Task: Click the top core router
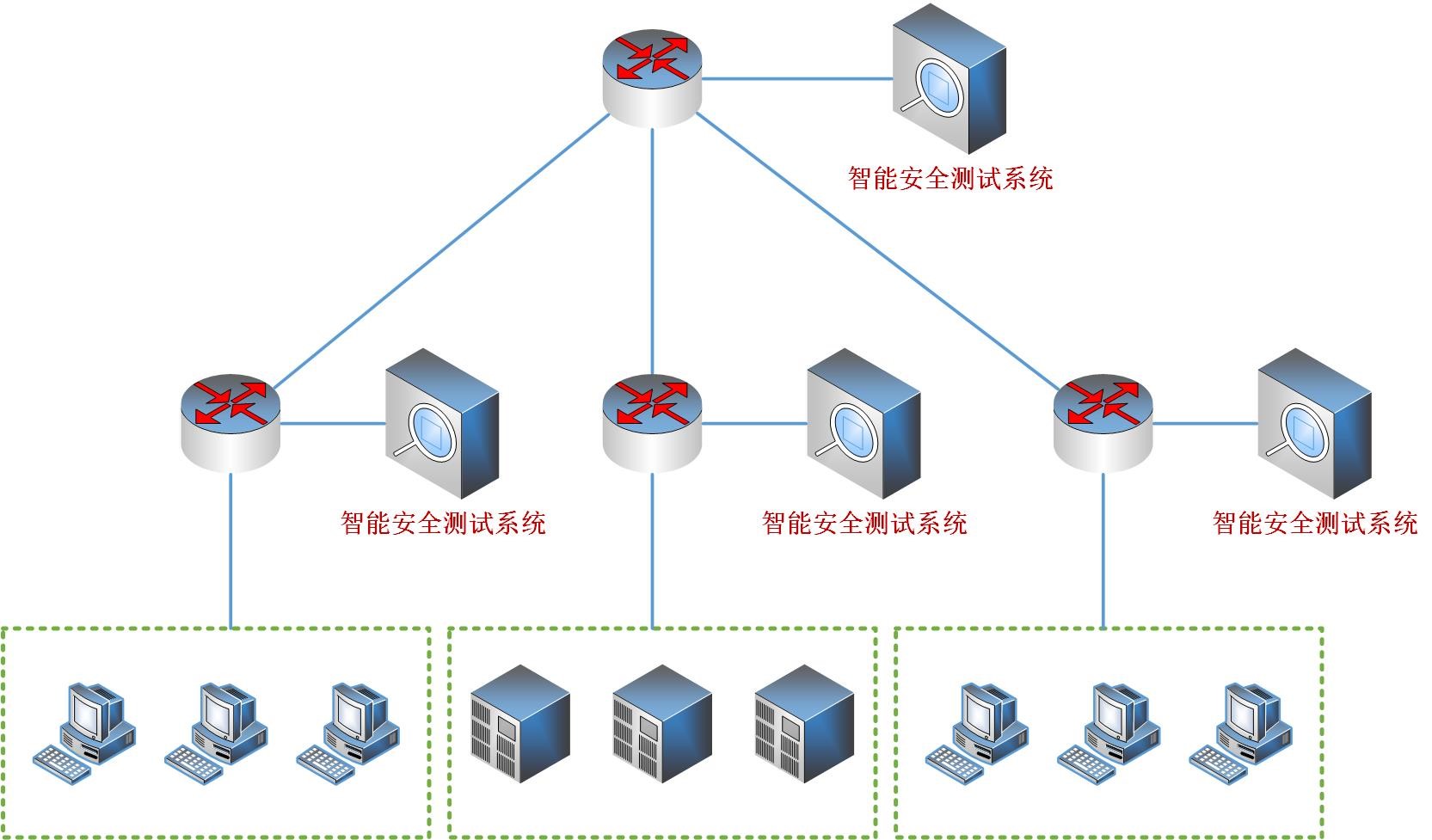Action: pyautogui.click(x=652, y=77)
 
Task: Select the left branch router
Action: pyautogui.click(x=230, y=422)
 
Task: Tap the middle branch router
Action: pyautogui.click(x=652, y=422)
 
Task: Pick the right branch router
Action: pyautogui.click(x=1103, y=422)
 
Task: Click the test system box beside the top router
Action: pyautogui.click(x=949, y=79)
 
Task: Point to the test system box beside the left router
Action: pyautogui.click(x=442, y=423)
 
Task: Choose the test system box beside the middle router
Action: pyautogui.click(x=864, y=423)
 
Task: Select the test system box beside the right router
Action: pyautogui.click(x=1314, y=423)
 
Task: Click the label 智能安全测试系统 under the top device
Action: pyautogui.click(x=950, y=178)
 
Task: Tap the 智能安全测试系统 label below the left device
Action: pyautogui.click(x=443, y=523)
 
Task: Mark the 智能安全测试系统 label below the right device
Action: pyautogui.click(x=1315, y=523)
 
